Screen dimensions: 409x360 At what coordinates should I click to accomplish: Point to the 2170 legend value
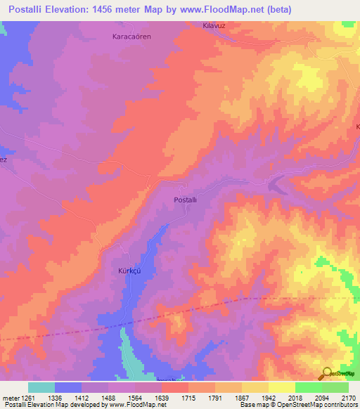(348, 397)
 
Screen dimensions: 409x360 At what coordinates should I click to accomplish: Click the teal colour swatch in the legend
(41, 387)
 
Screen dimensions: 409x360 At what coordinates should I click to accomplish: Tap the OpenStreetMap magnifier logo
(327, 374)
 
